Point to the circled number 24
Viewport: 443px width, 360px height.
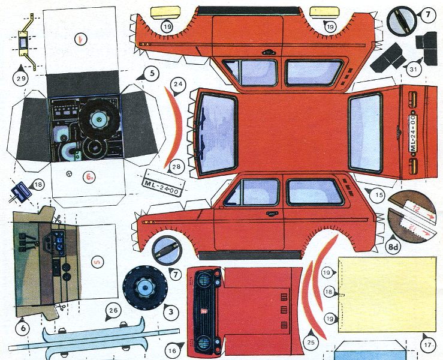(178, 85)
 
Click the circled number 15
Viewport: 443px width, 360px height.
(378, 194)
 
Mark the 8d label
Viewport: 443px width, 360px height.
(394, 247)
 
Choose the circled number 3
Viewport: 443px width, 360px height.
(171, 312)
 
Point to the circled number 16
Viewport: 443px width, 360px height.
(173, 347)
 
